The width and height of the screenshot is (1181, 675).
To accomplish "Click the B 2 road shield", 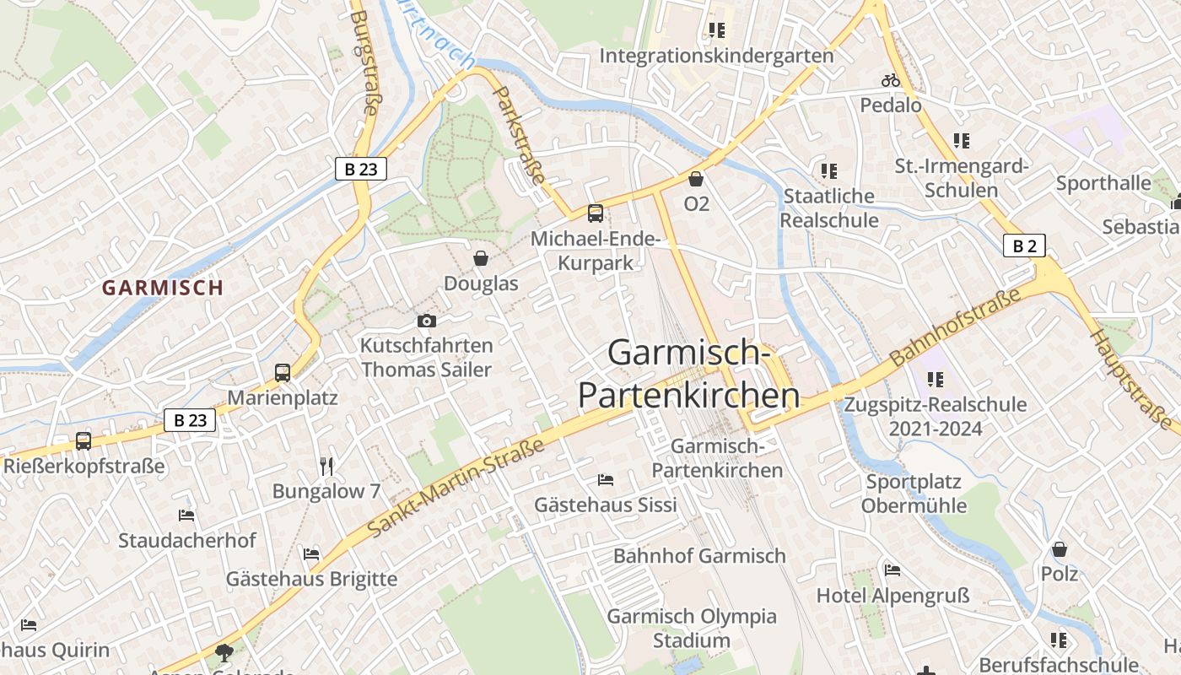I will click(x=1024, y=246).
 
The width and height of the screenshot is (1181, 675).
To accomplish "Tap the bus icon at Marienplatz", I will click(x=283, y=372).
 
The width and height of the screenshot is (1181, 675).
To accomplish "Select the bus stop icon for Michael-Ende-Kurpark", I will click(x=595, y=213).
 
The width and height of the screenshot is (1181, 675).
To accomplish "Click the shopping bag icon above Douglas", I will click(x=481, y=258).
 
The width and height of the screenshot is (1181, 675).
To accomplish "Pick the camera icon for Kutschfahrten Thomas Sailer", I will click(x=427, y=321).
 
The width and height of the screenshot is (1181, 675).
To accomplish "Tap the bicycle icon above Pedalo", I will click(x=891, y=81).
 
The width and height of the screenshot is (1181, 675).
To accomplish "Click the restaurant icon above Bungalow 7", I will click(x=326, y=466).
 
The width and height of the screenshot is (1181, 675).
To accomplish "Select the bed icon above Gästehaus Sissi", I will click(x=606, y=480).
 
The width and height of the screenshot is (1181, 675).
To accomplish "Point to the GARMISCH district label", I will click(x=163, y=288).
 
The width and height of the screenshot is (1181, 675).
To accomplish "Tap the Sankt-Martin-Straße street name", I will click(x=456, y=488).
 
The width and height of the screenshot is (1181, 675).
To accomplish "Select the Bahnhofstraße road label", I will click(x=955, y=326).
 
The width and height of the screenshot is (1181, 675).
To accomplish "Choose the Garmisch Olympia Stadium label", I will click(x=692, y=628).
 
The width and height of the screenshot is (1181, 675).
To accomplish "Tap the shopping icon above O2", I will click(x=696, y=179).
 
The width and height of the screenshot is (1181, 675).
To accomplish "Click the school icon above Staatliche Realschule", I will click(x=829, y=171).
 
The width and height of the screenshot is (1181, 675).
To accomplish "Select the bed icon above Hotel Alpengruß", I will click(x=892, y=570).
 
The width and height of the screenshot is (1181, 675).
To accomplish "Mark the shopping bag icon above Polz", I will click(x=1060, y=550).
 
